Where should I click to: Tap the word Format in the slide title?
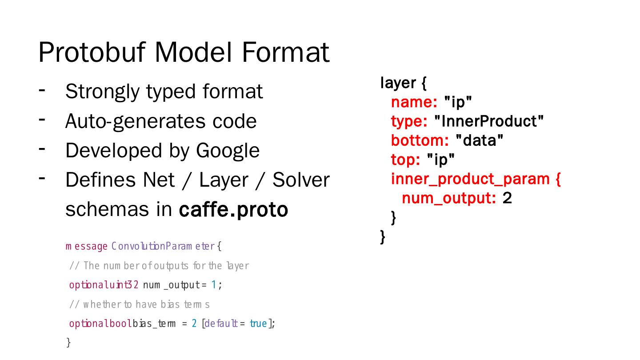[285, 52]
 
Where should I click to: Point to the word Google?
[228, 151]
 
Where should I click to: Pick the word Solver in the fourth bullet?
[301, 180]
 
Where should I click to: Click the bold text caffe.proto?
[233, 210]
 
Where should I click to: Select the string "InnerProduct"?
[488, 121]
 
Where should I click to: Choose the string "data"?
[480, 140]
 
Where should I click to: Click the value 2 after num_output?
[507, 198]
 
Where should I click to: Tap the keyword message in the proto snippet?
[87, 246]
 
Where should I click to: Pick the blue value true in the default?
[258, 324]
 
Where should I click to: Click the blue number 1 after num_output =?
[214, 285]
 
